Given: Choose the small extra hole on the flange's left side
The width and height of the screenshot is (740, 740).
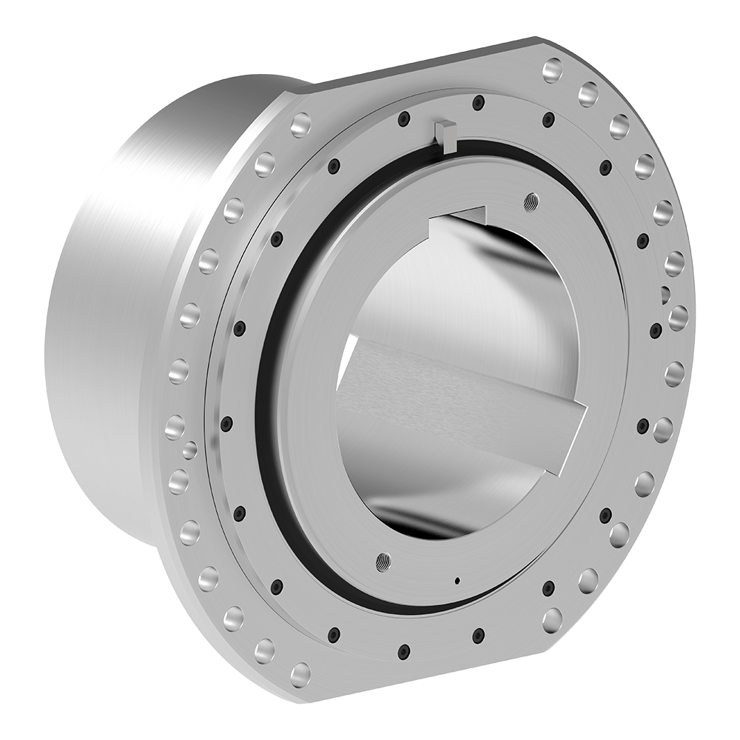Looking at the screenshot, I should (189, 448).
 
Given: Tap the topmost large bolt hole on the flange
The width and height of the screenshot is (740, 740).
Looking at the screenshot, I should (553, 71).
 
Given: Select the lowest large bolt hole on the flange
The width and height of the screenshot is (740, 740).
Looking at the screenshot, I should (300, 673).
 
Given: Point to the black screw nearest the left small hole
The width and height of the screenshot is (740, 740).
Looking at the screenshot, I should (226, 423).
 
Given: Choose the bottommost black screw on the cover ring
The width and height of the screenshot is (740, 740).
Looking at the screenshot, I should (404, 650).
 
